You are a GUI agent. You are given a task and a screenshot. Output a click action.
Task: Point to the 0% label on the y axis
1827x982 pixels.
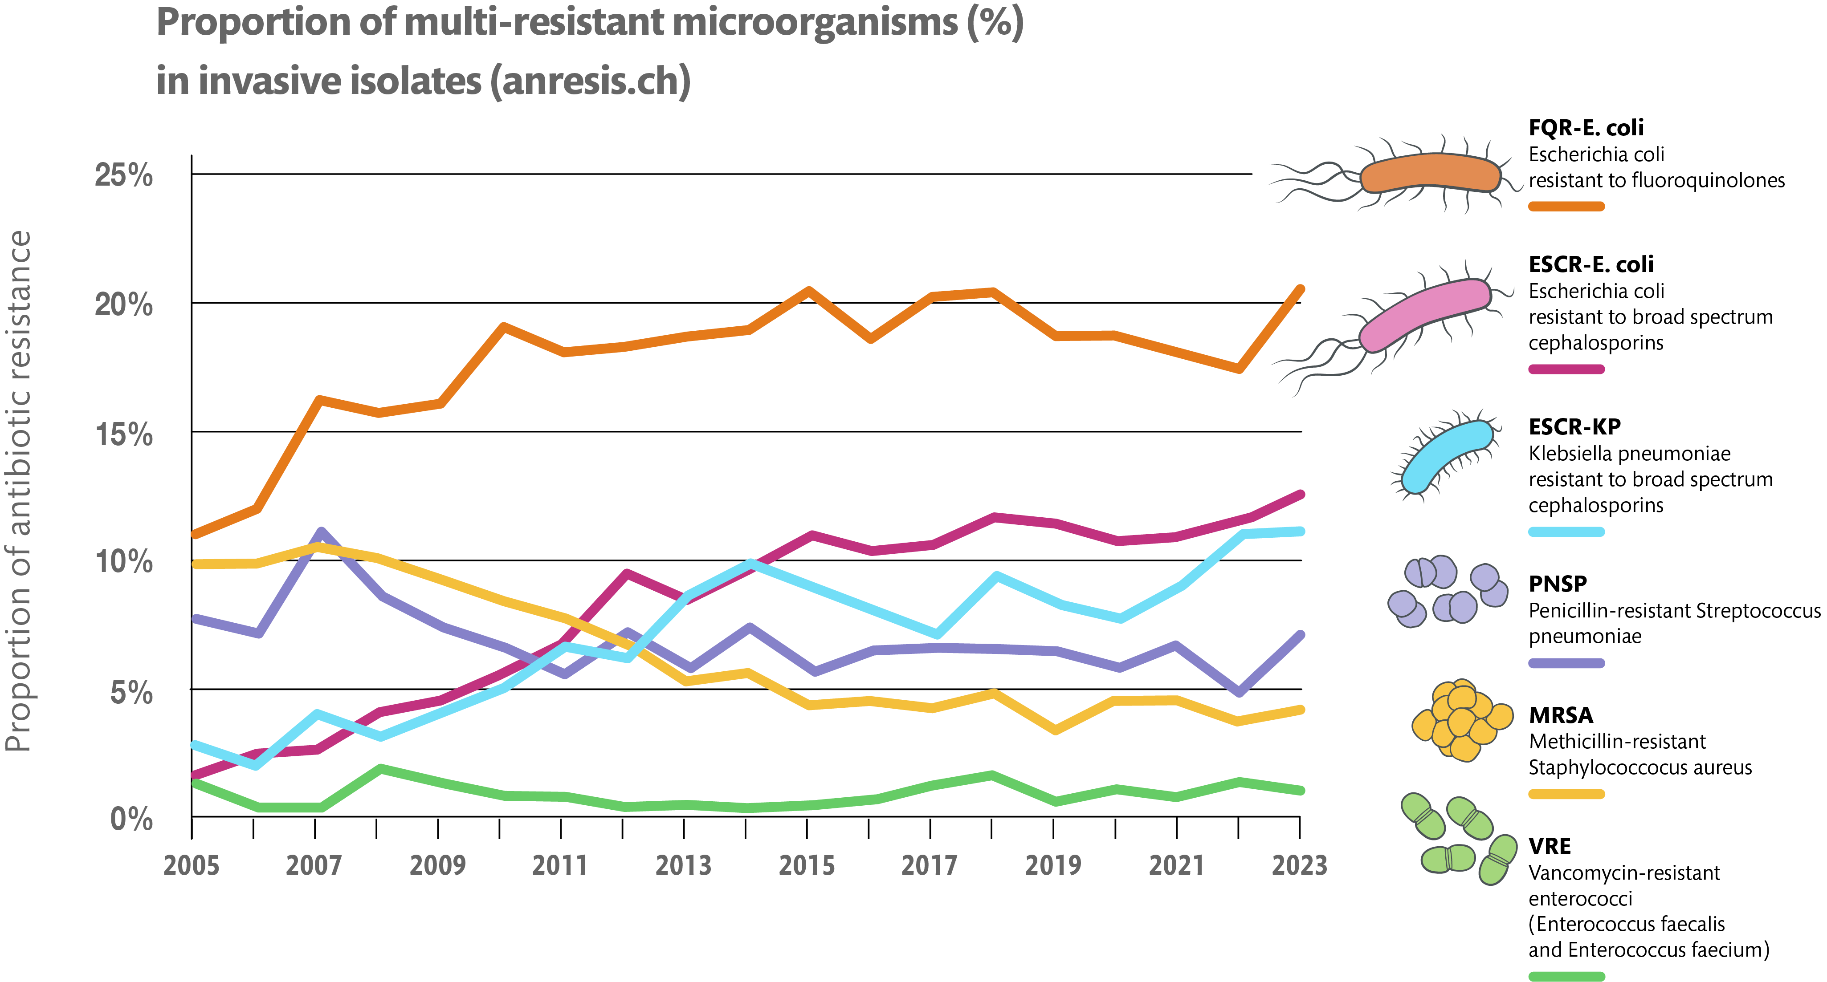pyautogui.click(x=131, y=819)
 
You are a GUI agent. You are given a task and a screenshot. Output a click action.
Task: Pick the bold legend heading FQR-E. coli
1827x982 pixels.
pyautogui.click(x=1586, y=128)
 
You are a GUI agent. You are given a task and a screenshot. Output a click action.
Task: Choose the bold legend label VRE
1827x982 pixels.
pyautogui.click(x=1550, y=846)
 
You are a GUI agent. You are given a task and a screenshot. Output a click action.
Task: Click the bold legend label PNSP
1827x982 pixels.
pyautogui.click(x=1558, y=584)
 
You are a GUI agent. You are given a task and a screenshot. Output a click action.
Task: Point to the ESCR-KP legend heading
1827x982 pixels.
pyautogui.click(x=1574, y=427)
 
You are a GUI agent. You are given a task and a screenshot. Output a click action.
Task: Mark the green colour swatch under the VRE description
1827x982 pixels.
pyautogui.click(x=1566, y=976)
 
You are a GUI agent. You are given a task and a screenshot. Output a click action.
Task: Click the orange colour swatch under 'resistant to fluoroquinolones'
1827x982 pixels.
pyautogui.click(x=1566, y=206)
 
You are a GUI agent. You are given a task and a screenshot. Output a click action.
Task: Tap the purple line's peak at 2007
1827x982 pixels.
pyautogui.click(x=321, y=532)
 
